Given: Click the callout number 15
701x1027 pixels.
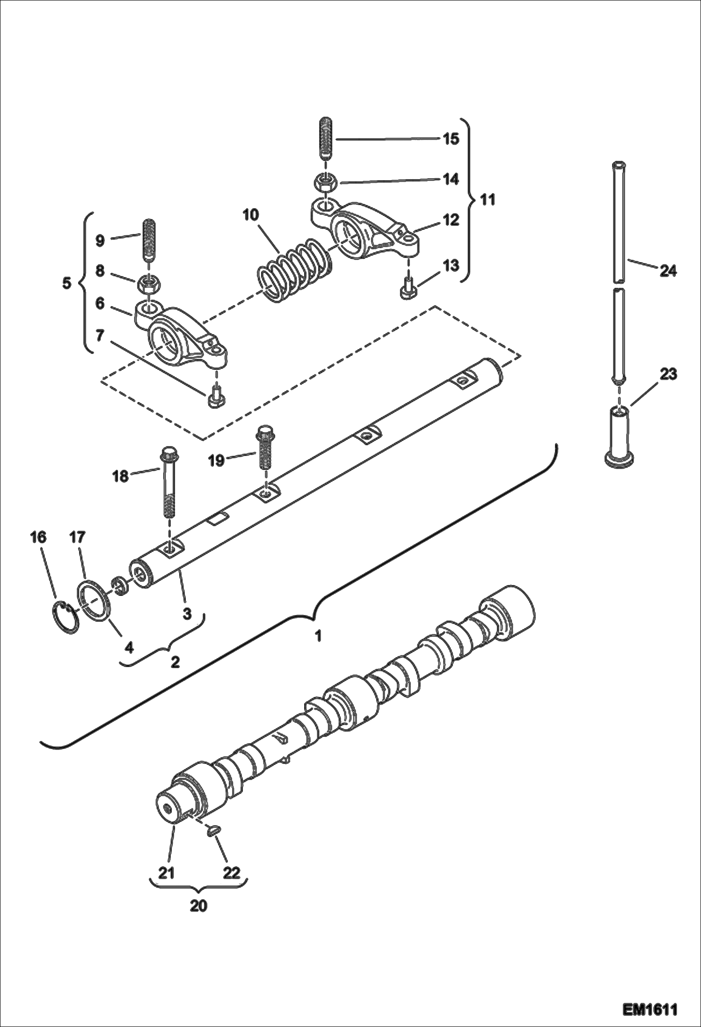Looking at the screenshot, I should pos(451,139).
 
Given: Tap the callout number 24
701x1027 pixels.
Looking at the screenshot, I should pos(668,271).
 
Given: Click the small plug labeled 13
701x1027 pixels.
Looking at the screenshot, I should pos(406,290).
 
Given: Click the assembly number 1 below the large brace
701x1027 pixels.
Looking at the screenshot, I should pos(318,636).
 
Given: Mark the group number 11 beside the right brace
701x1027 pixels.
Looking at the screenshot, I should pos(488,200).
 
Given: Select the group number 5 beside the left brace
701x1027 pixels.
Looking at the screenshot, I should pos(66,283).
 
